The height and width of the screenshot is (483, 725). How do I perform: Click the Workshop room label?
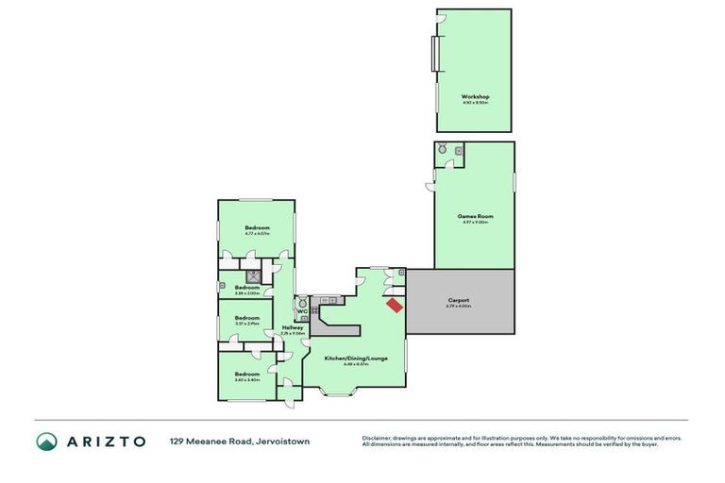(x=475, y=96)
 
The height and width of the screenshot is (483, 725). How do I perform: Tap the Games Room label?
(x=475, y=216)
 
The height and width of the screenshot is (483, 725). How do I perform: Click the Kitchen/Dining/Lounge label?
(x=357, y=358)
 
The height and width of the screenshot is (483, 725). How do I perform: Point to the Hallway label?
(x=293, y=327)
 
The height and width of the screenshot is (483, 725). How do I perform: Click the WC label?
(x=301, y=312)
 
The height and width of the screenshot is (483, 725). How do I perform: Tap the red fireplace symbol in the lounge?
(x=394, y=304)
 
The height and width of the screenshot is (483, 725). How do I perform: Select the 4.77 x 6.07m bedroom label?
(x=257, y=228)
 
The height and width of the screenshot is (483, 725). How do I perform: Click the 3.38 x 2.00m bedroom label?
(x=246, y=287)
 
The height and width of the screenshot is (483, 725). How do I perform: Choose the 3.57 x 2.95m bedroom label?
(x=246, y=318)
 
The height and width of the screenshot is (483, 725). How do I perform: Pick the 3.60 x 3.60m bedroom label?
(x=246, y=375)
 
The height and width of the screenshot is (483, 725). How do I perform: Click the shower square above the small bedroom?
(x=252, y=276)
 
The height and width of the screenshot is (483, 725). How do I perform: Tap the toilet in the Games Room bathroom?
(x=441, y=148)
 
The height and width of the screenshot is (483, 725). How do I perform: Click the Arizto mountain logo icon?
(x=46, y=441)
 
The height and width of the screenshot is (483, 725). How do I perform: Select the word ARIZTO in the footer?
(x=106, y=441)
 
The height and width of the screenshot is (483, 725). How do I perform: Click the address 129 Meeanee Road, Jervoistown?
(x=240, y=441)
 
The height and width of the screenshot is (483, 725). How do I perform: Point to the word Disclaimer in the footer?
(x=376, y=438)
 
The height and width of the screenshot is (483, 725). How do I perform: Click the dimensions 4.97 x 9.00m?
(x=475, y=222)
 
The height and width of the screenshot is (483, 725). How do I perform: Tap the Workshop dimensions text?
(x=475, y=102)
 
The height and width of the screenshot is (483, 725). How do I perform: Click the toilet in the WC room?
(x=301, y=304)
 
